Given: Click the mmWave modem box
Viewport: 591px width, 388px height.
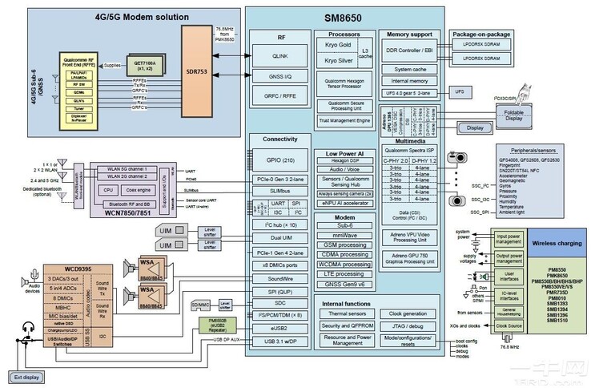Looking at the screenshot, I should [x=344, y=236].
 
